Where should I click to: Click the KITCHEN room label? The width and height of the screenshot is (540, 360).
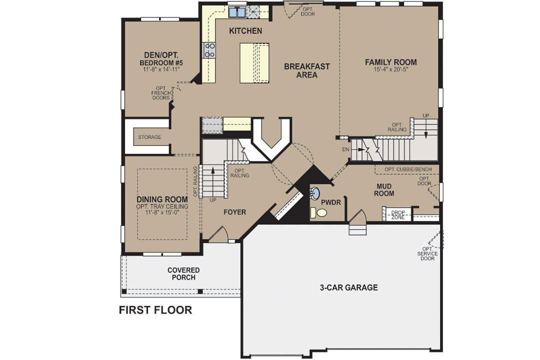point(245,31)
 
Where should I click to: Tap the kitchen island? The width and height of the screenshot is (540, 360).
point(253,63)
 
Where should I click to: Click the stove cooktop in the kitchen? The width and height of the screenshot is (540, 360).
point(209,50)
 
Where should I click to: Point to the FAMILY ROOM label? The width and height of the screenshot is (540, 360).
point(390,62)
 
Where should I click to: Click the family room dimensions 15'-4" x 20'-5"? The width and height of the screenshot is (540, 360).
point(390,70)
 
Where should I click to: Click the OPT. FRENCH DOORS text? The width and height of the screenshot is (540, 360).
point(160,93)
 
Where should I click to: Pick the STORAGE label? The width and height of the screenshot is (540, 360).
point(149,137)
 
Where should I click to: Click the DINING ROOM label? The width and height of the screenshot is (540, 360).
point(162,199)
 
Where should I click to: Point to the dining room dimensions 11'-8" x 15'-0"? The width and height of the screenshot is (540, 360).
point(162,212)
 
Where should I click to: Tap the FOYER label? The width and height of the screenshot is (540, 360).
point(234,212)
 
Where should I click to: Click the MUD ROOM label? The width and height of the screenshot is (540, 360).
point(385,189)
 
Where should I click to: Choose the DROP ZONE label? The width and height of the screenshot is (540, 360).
point(398,214)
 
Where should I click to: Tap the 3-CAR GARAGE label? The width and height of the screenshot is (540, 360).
point(348,287)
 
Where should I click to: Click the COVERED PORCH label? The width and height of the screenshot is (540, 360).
point(183,273)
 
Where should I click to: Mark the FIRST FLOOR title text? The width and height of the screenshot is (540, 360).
point(155,310)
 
